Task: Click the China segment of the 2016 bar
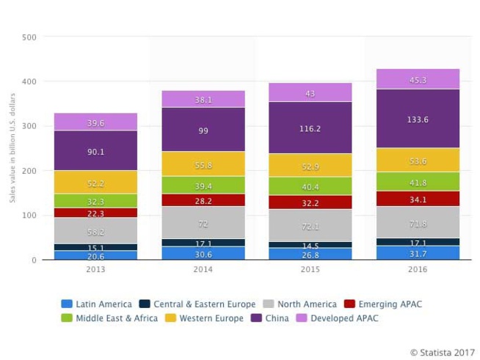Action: [x=418, y=119]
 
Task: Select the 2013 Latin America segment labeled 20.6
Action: [x=95, y=256]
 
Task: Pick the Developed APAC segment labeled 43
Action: [x=310, y=93]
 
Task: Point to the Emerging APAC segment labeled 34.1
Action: [x=418, y=199]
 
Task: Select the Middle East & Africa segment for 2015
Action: [x=310, y=186]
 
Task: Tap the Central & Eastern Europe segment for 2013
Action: [x=95, y=248]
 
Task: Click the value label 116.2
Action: [x=310, y=128]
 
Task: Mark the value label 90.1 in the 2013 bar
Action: [x=95, y=152]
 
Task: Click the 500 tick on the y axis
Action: [x=29, y=37]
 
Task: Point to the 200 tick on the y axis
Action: [x=29, y=171]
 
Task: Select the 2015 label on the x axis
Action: [x=310, y=270]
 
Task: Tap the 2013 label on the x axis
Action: [x=95, y=270]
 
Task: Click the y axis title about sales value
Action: [x=12, y=148]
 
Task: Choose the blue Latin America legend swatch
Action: [x=67, y=304]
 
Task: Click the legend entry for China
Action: [x=272, y=318]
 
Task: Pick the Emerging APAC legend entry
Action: [x=383, y=304]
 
